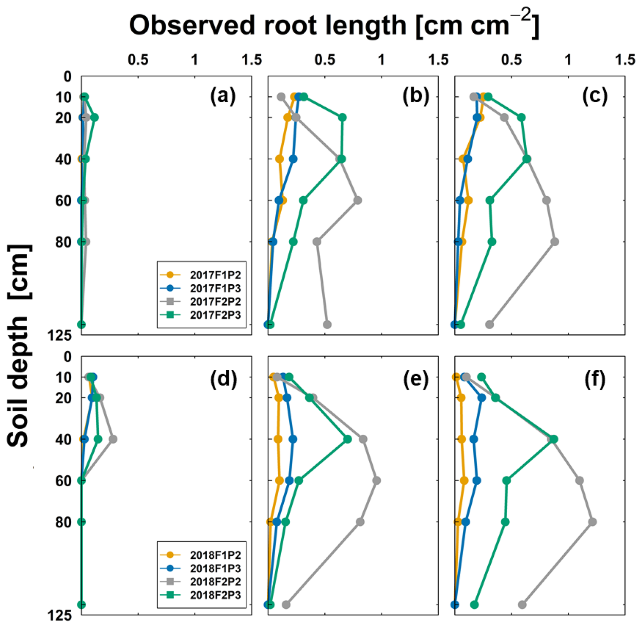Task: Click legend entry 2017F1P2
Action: click(x=215, y=275)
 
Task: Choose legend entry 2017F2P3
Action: click(x=215, y=315)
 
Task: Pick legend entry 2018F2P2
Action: click(x=215, y=581)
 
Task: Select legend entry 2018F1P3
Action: click(x=215, y=568)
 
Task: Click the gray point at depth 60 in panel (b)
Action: click(x=357, y=200)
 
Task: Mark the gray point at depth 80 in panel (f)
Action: click(x=592, y=522)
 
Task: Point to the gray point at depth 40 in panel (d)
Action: click(x=113, y=439)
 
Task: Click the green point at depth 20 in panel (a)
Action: click(x=95, y=118)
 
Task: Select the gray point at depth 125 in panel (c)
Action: click(x=489, y=324)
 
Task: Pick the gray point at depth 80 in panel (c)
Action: click(x=554, y=242)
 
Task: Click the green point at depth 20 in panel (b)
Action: click(x=342, y=118)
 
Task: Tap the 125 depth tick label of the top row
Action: click(x=60, y=336)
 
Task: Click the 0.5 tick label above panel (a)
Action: click(x=138, y=60)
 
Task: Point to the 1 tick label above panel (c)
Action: click(x=568, y=60)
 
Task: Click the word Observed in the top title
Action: click(x=192, y=25)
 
